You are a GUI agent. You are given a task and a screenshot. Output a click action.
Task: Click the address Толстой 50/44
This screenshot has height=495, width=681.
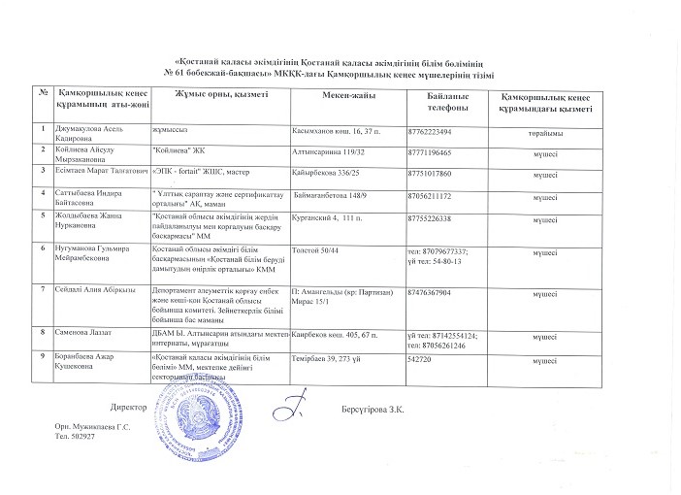point(319,250)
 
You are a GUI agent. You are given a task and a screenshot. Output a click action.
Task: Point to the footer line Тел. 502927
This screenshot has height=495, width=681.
point(75,438)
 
